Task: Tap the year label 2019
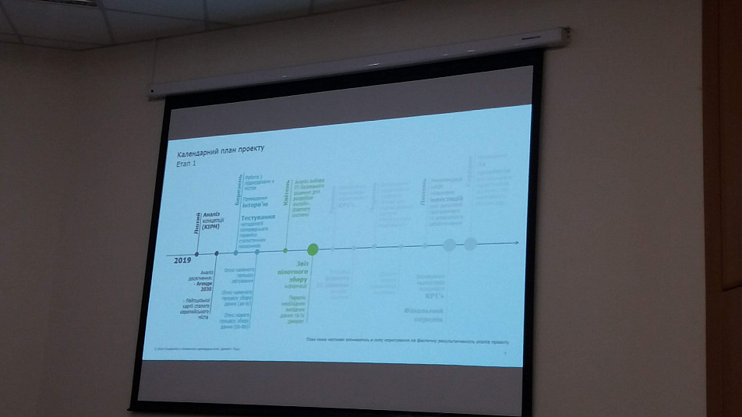(182, 260)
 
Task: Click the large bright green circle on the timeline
(313, 249)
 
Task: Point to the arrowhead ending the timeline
(515, 243)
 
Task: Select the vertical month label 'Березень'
(238, 190)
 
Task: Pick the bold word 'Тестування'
(257, 217)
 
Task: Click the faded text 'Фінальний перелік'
(424, 313)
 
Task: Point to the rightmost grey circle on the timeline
(470, 244)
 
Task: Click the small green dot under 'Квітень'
(285, 250)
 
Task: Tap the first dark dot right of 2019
(196, 253)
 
